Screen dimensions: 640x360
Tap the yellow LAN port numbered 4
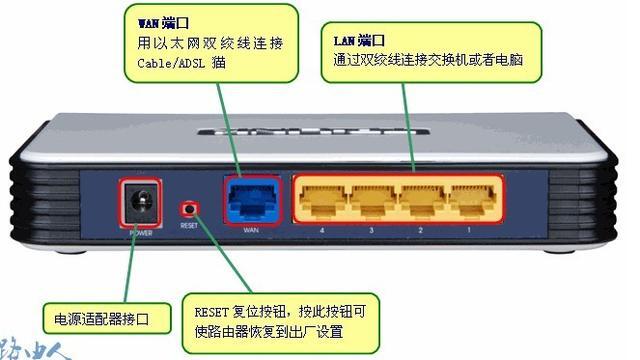321,200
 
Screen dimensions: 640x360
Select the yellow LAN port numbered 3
372,200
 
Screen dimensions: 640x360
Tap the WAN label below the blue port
252,230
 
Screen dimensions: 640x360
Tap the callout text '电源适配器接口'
102,319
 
